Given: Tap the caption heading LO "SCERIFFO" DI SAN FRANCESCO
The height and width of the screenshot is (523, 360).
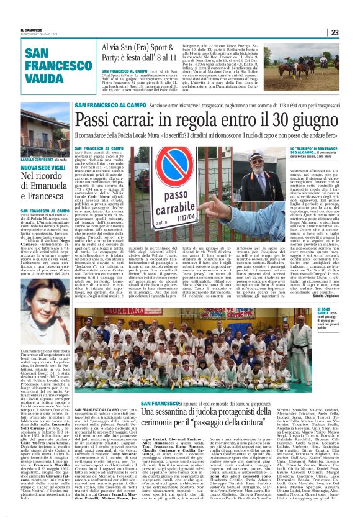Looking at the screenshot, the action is point(315,149).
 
